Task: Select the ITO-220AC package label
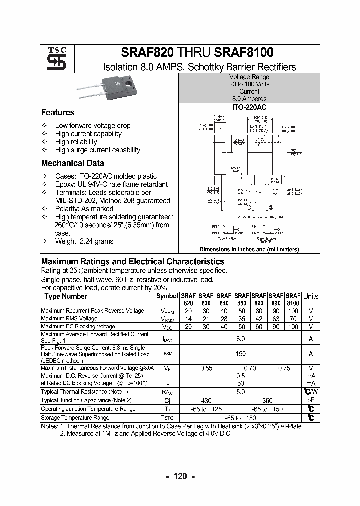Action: coord(249,107)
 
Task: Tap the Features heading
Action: coord(58,113)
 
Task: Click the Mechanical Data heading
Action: coord(73,163)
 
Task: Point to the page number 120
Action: coord(180,476)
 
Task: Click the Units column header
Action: coord(310,296)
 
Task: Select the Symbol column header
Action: coord(167,296)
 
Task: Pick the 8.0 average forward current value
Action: coord(240,339)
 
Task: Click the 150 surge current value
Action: coord(240,353)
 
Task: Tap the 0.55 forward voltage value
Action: coord(206,368)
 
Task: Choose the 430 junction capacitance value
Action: coord(206,401)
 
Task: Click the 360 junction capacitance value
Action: coord(267,401)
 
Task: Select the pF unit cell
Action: coord(310,401)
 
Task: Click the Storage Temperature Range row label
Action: coord(75,418)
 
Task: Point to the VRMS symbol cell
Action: coord(167,319)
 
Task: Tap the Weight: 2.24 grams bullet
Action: coord(84,241)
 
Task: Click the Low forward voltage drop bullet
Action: coord(93,126)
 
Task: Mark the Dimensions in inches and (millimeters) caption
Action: coord(249,249)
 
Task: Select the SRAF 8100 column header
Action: coord(293,299)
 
